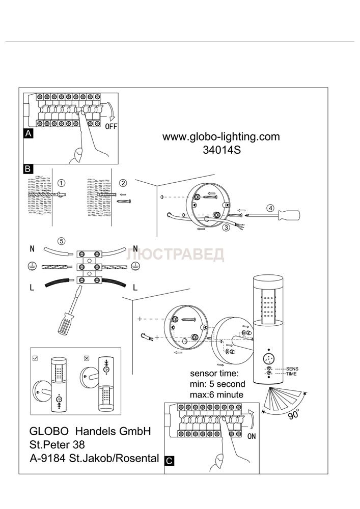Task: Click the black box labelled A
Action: (29, 134)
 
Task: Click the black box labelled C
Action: (170, 461)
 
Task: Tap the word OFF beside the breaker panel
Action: (111, 126)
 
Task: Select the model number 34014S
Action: (221, 150)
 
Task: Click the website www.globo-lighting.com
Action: (221, 136)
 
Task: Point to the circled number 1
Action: (61, 183)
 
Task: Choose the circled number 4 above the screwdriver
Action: (271, 208)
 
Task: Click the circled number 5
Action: (61, 241)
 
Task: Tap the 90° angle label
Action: (292, 414)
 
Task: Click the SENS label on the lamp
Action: (292, 368)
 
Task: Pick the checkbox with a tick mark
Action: (35, 358)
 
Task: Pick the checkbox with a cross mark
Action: (86, 358)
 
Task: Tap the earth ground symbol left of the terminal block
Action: (32, 266)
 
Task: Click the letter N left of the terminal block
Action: (32, 250)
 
